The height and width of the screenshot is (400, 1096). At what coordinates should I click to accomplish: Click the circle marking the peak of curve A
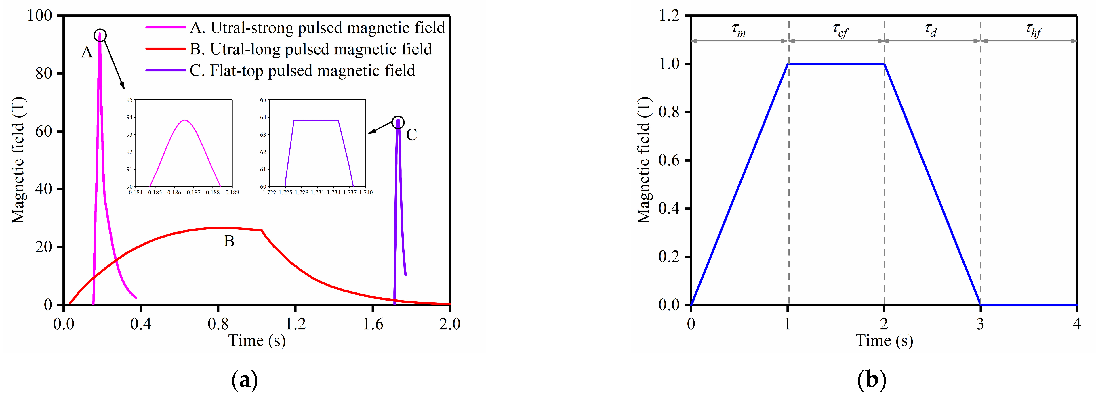tap(100, 36)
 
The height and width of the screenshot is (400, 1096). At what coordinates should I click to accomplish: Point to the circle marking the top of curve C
tap(398, 123)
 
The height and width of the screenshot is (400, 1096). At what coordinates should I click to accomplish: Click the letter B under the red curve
tap(229, 242)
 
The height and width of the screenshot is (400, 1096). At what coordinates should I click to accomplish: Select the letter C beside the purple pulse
tap(411, 135)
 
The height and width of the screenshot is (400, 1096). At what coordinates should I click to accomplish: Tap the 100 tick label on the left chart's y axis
tap(40, 16)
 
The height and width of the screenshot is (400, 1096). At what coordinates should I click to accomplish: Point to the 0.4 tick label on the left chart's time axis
tap(141, 324)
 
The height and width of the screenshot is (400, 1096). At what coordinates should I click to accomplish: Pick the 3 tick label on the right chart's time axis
tap(980, 324)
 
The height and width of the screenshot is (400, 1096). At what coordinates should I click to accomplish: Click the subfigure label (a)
tap(245, 380)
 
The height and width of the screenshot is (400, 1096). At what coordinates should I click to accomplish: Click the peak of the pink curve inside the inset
tap(184, 120)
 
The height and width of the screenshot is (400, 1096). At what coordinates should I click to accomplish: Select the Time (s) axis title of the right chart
tap(884, 340)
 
